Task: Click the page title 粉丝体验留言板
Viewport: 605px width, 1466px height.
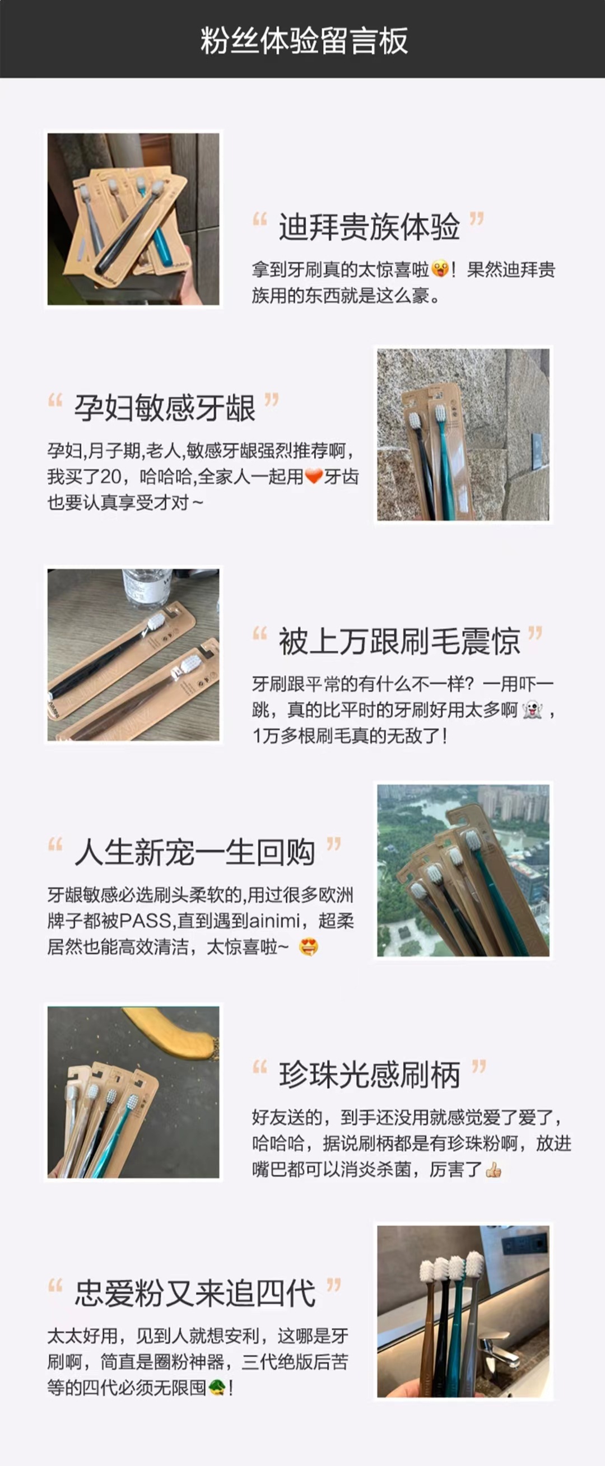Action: (x=304, y=40)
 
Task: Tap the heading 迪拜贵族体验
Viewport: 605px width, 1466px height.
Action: (x=369, y=226)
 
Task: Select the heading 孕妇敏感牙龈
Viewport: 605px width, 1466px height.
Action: (x=165, y=408)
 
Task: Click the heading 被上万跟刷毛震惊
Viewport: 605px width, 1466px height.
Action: (x=399, y=641)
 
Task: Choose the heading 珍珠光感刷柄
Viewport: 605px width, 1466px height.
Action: (x=369, y=1075)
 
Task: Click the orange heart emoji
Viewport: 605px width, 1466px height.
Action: (x=314, y=477)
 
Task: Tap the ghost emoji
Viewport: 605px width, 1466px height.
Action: (x=532, y=709)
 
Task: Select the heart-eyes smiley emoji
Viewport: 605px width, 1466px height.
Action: (x=308, y=947)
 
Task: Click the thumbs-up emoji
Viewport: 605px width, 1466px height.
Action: (x=493, y=1170)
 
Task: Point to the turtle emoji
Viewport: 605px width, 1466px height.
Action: (x=216, y=1388)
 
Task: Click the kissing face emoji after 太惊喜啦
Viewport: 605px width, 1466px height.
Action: (x=439, y=269)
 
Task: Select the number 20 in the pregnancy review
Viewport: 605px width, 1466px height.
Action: (x=110, y=477)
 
